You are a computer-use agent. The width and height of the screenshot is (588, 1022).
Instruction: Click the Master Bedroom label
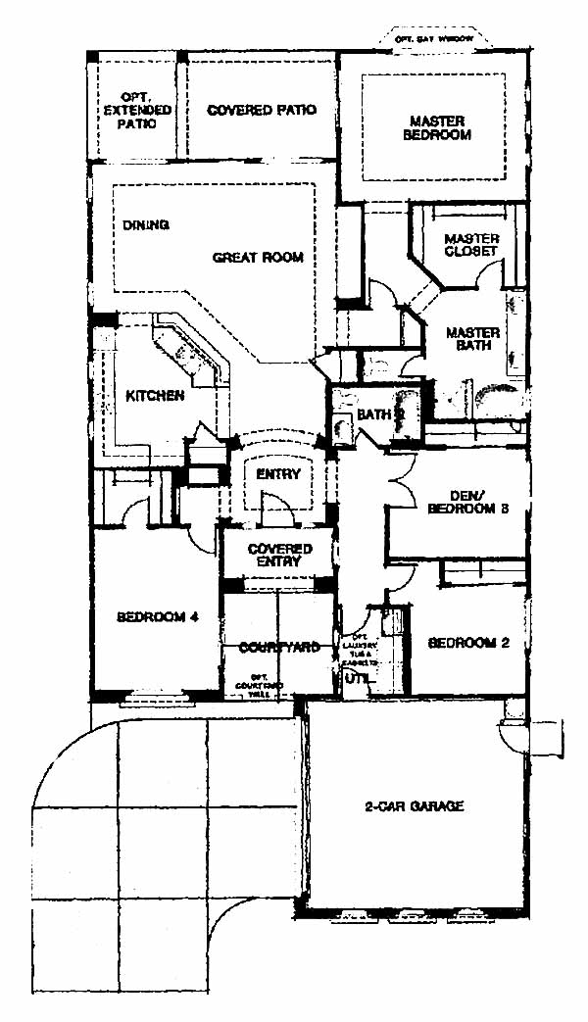pyautogui.click(x=437, y=128)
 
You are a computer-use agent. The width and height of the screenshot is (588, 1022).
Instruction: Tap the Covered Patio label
pyautogui.click(x=262, y=110)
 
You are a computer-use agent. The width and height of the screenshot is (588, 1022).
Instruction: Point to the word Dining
pyautogui.click(x=146, y=224)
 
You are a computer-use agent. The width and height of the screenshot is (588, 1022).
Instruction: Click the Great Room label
pyautogui.click(x=258, y=258)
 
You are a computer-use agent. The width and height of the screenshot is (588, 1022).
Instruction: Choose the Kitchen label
pyautogui.click(x=155, y=396)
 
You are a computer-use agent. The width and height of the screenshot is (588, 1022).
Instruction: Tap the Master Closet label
pyautogui.click(x=471, y=245)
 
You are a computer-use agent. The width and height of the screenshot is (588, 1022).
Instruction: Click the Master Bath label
pyautogui.click(x=472, y=339)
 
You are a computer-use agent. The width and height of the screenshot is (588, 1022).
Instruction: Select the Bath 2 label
pyautogui.click(x=380, y=414)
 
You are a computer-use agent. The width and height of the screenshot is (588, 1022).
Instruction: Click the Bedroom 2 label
pyautogui.click(x=465, y=643)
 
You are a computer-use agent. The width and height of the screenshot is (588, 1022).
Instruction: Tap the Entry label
pyautogui.click(x=277, y=474)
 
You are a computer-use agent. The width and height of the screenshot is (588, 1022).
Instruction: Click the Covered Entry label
pyautogui.click(x=279, y=556)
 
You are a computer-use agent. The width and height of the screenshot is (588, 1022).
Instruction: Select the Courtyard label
pyautogui.click(x=279, y=647)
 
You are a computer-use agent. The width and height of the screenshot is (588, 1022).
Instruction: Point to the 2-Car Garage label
pyautogui.click(x=413, y=806)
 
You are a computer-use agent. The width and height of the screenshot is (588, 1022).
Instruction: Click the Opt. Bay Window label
pyautogui.click(x=433, y=38)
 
